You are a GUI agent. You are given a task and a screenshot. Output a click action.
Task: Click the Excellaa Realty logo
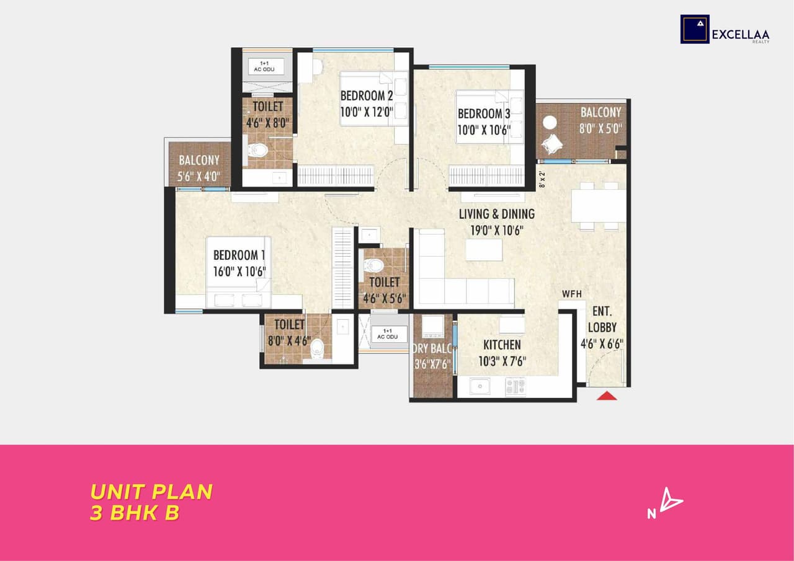[x=725, y=29]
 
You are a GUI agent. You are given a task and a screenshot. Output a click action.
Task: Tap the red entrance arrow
[x=607, y=395]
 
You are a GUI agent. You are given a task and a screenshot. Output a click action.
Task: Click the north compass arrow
[x=669, y=500]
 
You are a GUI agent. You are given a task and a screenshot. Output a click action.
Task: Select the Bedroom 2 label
[x=367, y=96]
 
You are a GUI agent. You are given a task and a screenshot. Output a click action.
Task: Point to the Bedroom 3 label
[x=484, y=114]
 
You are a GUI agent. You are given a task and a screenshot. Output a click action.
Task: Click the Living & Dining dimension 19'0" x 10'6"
[x=496, y=231]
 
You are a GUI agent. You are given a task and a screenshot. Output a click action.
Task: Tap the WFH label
[x=572, y=294]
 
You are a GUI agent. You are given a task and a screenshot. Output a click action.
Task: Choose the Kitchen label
[x=502, y=345]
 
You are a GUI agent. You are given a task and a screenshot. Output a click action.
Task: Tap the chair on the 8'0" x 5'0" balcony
[x=551, y=144]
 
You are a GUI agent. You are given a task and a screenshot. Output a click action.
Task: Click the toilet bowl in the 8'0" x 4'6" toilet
[x=317, y=349]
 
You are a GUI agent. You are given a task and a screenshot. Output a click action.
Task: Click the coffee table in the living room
[x=484, y=250]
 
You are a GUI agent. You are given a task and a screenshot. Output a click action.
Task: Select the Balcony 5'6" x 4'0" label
[x=199, y=167]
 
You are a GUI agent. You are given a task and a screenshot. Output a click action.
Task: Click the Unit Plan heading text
[x=151, y=492]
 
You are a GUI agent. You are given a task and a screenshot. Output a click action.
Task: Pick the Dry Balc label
[x=432, y=348]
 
